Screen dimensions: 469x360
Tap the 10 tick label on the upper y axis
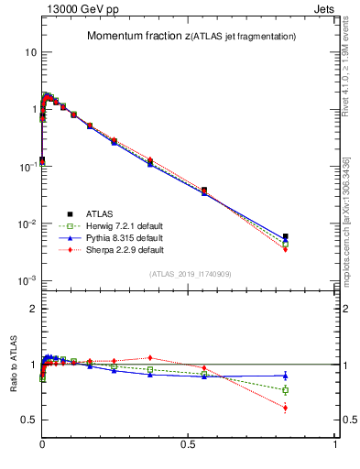[x=30, y=52]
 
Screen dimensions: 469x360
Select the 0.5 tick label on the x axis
[x=189, y=443]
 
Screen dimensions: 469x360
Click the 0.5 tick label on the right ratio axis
[x=349, y=420]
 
